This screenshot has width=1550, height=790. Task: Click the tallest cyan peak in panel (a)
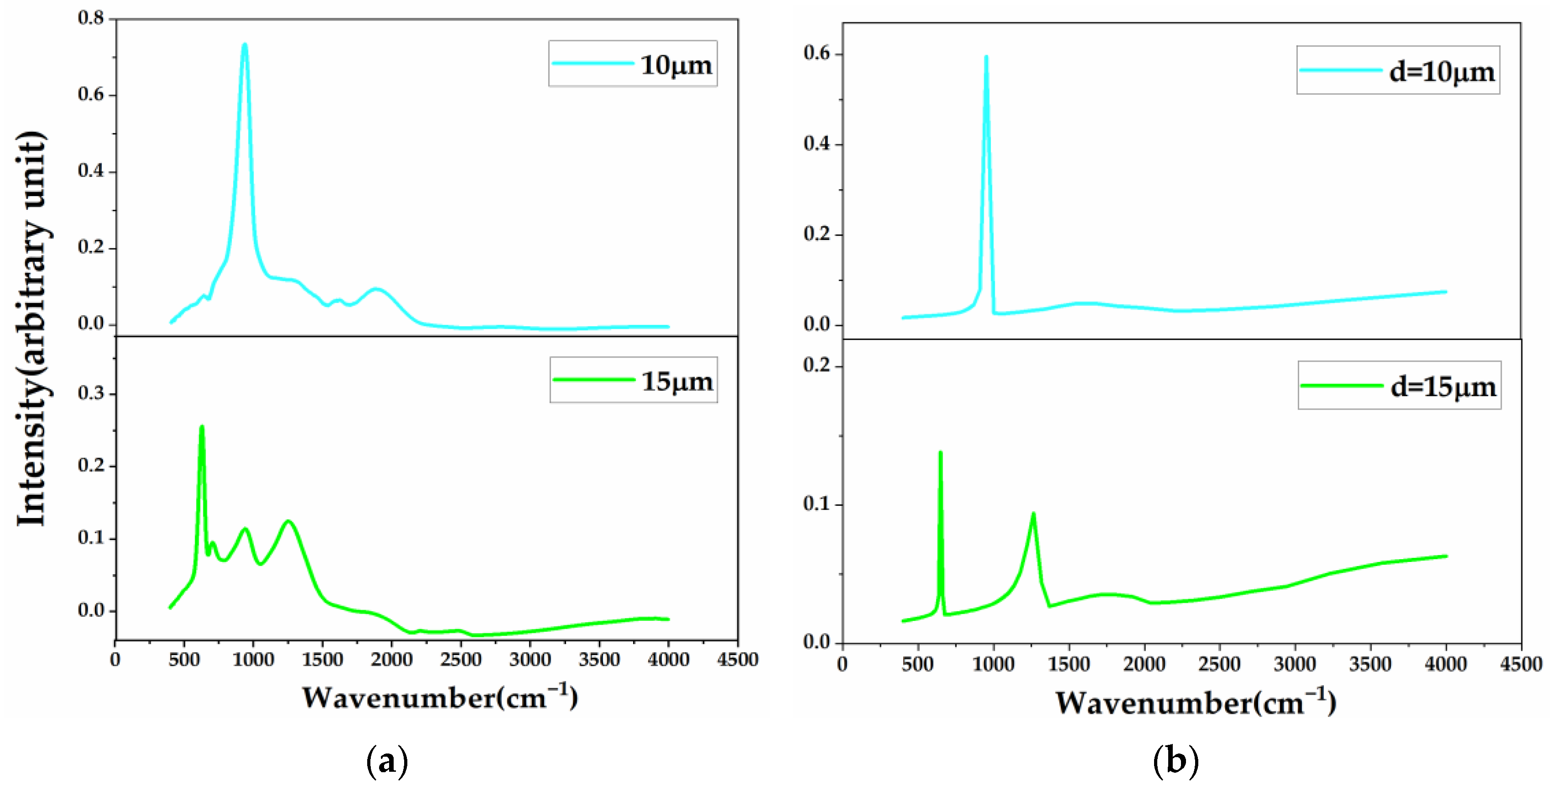point(244,46)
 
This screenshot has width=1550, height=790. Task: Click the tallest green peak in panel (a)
point(202,428)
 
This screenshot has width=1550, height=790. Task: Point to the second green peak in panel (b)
point(1033,515)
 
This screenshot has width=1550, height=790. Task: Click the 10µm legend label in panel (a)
point(676,65)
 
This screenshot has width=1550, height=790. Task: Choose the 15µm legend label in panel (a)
point(677,381)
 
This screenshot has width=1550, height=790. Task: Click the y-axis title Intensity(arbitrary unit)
point(31,328)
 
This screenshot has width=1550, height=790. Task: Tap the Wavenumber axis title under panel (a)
point(439,698)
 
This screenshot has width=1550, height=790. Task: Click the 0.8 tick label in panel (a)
point(91,18)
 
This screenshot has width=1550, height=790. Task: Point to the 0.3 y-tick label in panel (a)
point(91,394)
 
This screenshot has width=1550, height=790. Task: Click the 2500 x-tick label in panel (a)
point(460,660)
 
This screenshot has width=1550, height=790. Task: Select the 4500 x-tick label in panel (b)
point(1522,664)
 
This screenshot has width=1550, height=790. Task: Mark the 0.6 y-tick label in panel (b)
point(817,53)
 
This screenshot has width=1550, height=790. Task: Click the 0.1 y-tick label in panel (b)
point(817,504)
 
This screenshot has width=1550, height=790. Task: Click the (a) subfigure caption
point(387,761)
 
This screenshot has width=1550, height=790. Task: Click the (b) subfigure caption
point(1175,761)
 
